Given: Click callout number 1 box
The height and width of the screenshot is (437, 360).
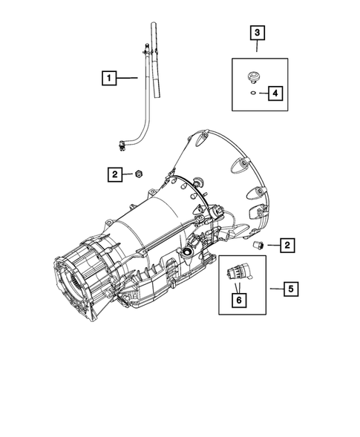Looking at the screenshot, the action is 109,78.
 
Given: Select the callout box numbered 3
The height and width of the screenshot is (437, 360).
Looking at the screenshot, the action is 257,33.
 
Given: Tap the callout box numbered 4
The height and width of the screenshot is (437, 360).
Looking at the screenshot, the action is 275,93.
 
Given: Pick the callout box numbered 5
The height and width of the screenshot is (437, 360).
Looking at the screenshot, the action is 291,289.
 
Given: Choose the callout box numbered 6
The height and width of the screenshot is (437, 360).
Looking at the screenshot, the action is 239,300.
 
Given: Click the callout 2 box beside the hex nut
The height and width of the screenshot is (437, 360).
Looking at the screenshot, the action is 115,175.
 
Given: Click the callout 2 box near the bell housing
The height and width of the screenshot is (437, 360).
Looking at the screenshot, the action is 287,246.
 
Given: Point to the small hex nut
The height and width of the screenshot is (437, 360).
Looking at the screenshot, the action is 139,174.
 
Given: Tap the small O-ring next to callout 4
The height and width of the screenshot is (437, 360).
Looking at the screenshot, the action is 252,93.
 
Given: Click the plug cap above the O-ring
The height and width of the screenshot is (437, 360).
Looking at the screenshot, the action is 253,77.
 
